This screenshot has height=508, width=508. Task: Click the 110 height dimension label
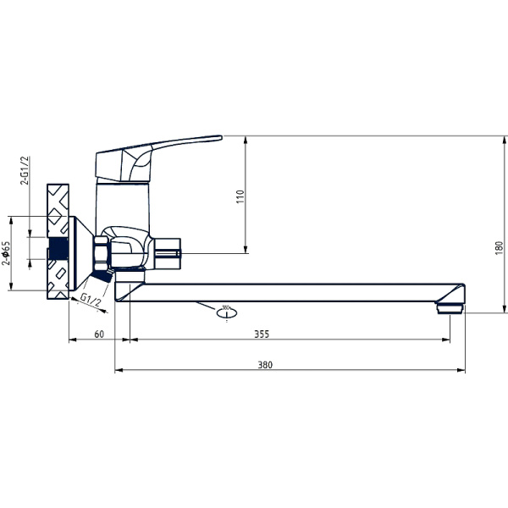tap(240, 196)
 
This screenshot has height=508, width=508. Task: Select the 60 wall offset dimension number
tap(99, 334)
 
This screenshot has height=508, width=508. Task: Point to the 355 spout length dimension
tap(262, 334)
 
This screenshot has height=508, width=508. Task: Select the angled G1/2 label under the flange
tap(91, 301)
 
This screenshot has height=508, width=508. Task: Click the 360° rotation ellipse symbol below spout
tap(225, 312)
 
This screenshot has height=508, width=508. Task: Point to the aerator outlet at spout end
tap(450, 306)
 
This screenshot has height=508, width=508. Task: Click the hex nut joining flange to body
tap(100, 251)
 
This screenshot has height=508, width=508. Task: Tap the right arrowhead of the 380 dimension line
tap(462, 370)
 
